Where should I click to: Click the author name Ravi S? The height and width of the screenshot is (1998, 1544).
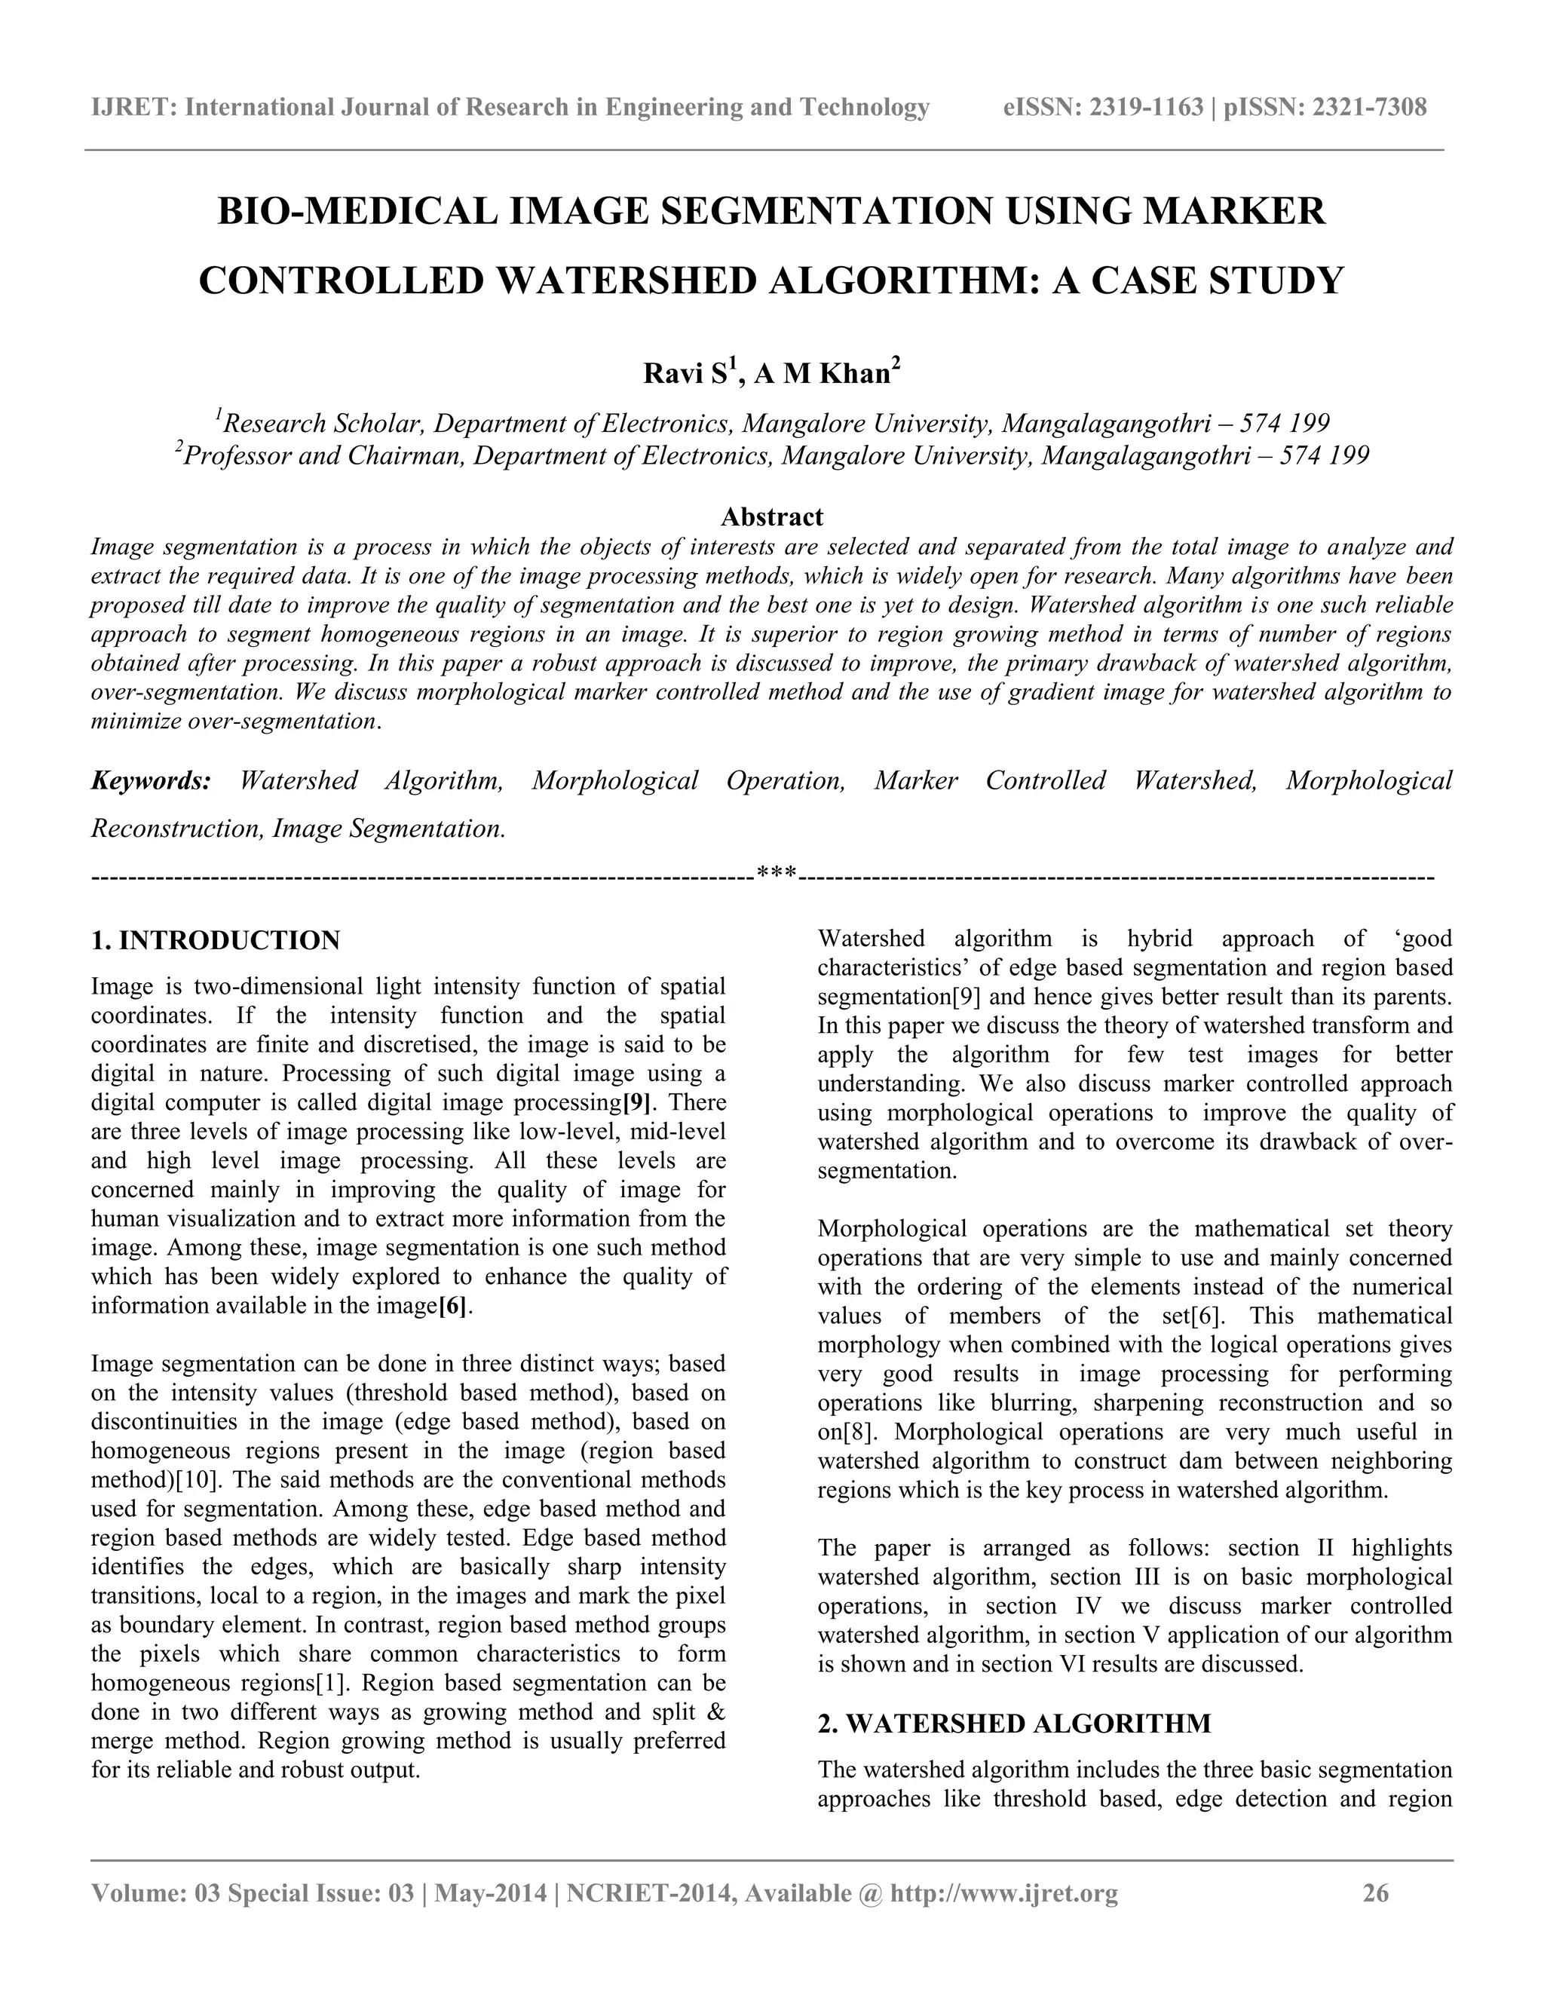(x=687, y=374)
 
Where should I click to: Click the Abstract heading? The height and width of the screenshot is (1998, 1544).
(x=771, y=517)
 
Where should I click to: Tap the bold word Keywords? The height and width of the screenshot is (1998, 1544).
(x=151, y=781)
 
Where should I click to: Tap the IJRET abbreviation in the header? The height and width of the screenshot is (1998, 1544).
(x=133, y=108)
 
